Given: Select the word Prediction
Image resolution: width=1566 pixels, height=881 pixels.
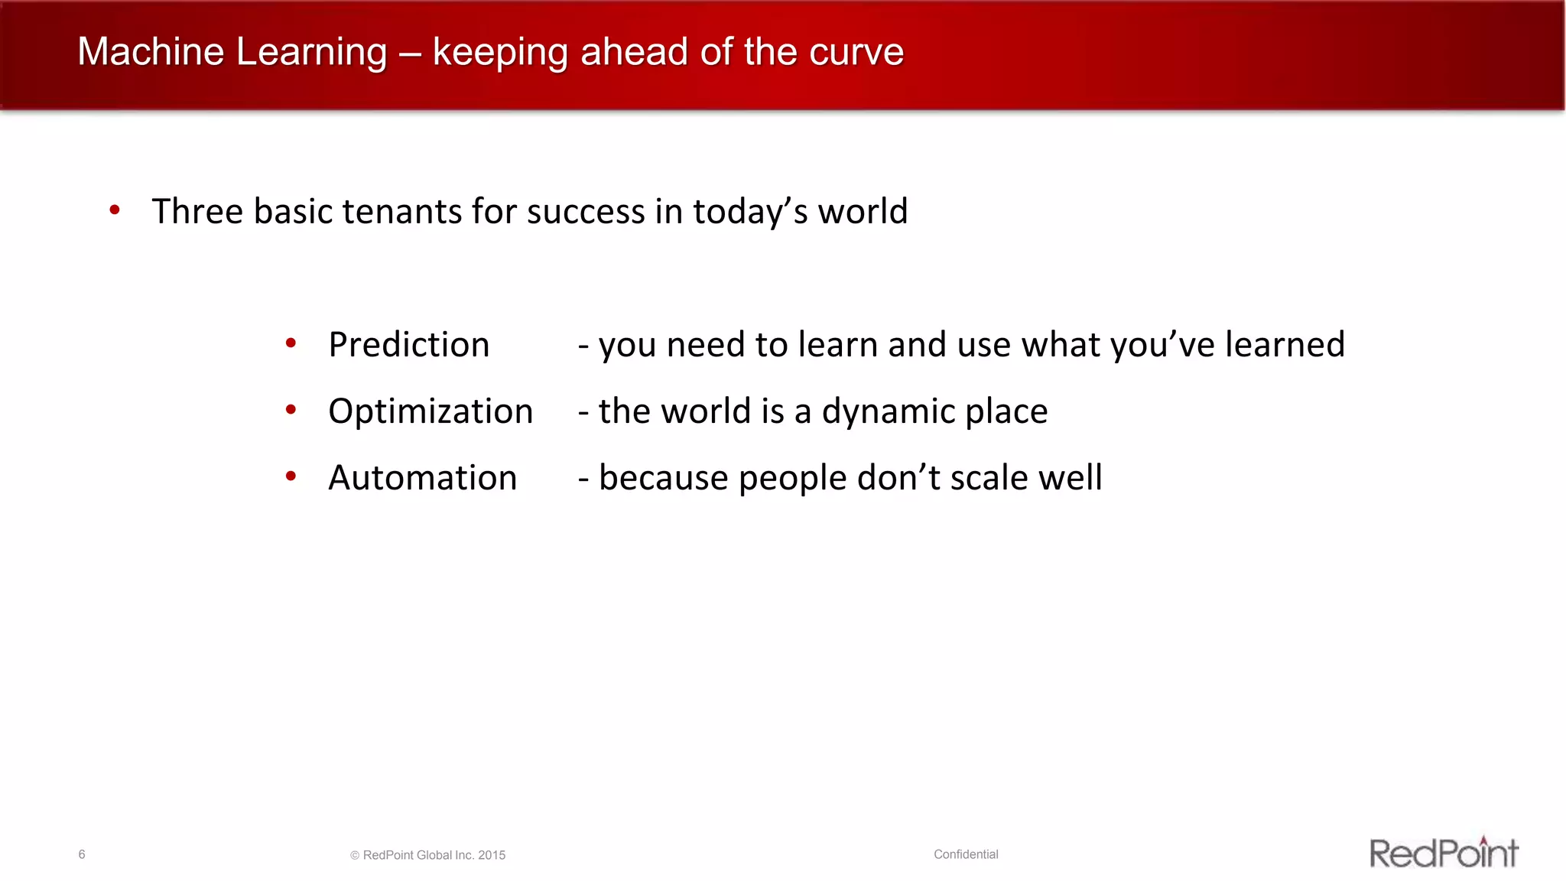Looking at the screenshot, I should point(408,344).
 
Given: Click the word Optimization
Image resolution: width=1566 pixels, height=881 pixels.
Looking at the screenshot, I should point(430,411).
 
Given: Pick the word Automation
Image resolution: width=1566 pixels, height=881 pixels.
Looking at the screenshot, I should point(422,477).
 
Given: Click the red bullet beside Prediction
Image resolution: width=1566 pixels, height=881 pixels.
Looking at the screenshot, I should point(291,343).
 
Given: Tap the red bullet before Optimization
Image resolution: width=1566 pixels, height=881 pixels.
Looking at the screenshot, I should point(291,410).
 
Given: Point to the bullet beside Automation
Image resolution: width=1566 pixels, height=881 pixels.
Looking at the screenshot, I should point(291,476).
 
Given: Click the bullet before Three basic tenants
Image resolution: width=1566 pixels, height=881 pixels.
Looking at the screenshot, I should point(115,210).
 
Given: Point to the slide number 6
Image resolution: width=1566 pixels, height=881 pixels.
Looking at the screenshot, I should point(82,854).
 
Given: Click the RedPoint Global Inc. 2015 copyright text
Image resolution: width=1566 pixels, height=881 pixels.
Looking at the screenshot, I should point(428,855).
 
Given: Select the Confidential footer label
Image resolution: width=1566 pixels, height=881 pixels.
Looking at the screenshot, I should point(966,854).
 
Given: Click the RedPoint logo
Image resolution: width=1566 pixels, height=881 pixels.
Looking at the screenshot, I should point(1443,853).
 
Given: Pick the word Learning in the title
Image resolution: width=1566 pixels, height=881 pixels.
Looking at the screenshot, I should point(311,52).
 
